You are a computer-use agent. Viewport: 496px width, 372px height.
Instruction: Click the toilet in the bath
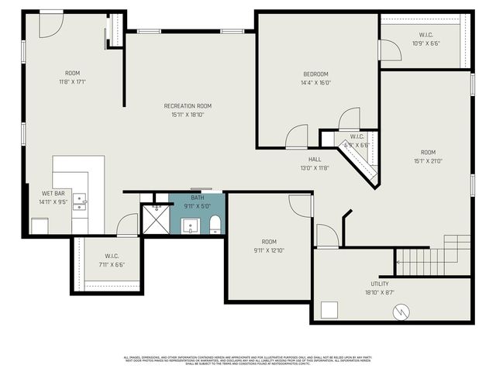(215, 226)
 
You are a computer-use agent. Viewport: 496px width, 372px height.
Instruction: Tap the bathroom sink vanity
(191, 226)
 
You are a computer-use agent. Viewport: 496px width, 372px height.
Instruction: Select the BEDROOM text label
(315, 74)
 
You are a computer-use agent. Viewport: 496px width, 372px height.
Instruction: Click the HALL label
(315, 159)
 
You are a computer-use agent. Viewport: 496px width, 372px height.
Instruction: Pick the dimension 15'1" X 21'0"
(428, 161)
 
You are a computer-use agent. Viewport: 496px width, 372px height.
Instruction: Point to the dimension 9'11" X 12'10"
(269, 250)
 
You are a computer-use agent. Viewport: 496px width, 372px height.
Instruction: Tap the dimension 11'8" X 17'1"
(73, 81)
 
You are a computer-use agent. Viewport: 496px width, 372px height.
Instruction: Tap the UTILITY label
(380, 284)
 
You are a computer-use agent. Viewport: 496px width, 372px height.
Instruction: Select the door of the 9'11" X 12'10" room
(301, 205)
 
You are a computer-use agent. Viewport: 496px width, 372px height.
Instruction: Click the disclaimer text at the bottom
(248, 360)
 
